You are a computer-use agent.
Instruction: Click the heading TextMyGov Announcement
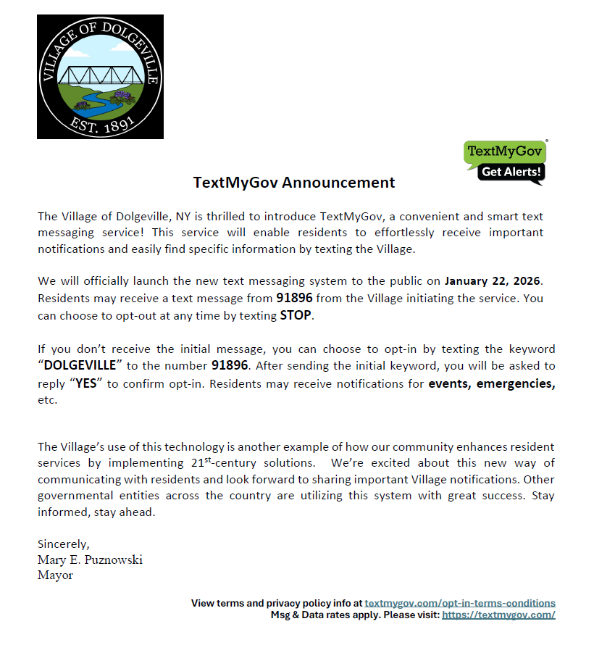pos(294,183)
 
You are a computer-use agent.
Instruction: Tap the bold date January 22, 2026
pos(493,280)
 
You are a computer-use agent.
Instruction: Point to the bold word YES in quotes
pos(86,383)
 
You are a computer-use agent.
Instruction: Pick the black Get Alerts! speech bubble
pos(511,172)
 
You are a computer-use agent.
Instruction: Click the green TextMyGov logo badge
pos(505,152)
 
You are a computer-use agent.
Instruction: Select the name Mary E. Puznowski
pos(90,559)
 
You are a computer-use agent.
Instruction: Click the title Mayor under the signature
pos(55,575)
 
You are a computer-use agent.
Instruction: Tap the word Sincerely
pos(63,544)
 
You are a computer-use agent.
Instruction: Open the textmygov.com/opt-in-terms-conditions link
pos(460,603)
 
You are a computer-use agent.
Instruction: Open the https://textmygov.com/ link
pos(498,615)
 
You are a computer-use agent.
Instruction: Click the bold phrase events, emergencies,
pos(492,383)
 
